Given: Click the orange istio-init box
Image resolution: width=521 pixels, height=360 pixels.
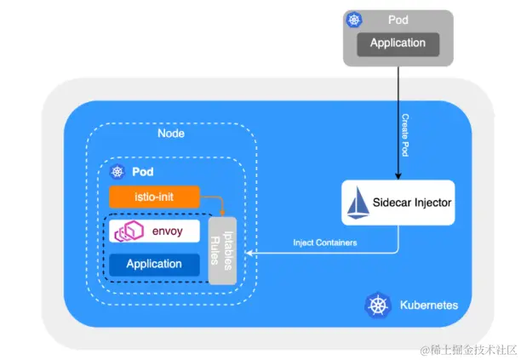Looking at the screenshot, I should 154,197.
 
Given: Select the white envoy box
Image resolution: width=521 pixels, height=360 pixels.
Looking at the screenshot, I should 154,231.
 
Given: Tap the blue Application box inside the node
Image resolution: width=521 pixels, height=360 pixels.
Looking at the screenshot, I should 154,264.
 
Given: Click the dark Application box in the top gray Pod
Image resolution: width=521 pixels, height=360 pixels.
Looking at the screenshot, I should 398,43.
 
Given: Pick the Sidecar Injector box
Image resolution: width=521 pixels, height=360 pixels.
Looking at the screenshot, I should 398,203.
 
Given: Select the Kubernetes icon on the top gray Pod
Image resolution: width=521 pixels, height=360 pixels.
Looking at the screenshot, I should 355,19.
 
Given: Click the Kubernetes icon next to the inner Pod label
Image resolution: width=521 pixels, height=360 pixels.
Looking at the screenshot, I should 117,172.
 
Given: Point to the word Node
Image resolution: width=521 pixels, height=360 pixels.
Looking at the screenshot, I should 171,134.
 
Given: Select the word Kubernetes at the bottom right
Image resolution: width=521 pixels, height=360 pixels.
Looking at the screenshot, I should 428,305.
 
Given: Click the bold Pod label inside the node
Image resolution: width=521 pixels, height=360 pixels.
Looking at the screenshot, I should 142,172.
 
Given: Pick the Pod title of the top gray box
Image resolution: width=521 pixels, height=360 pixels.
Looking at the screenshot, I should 398,18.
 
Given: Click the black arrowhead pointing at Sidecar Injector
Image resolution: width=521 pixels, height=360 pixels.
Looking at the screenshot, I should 398,174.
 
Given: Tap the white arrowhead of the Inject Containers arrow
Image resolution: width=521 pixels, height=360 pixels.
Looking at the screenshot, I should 249,253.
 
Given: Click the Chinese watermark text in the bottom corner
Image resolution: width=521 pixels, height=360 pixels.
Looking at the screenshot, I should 467,349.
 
